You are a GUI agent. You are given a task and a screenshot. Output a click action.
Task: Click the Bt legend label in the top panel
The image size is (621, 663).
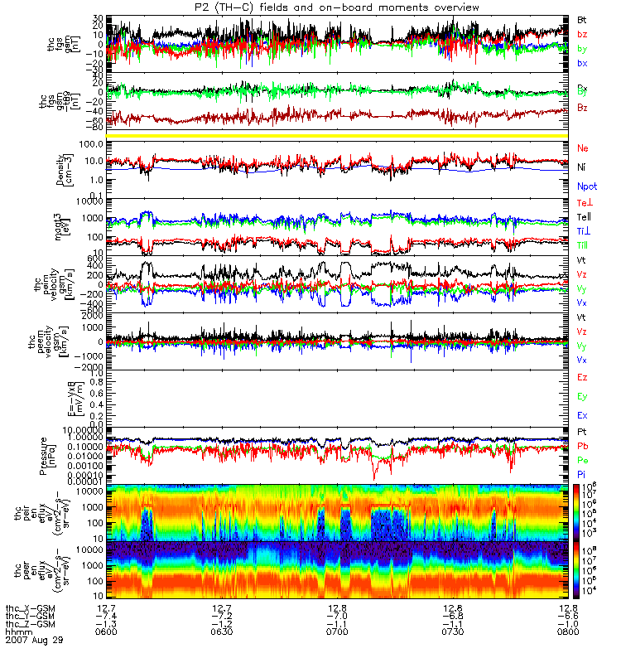click(x=582, y=17)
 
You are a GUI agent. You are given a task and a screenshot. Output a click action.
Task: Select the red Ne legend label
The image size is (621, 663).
click(x=583, y=148)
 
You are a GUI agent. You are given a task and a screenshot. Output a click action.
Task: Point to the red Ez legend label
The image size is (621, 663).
click(x=583, y=378)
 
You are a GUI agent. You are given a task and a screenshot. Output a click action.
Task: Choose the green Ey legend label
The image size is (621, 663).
click(x=583, y=396)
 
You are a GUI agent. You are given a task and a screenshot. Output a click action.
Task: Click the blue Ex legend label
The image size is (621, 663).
click(x=583, y=414)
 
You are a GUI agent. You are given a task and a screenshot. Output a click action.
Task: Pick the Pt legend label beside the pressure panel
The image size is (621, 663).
click(x=582, y=433)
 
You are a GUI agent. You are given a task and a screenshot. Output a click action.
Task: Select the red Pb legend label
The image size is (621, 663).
click(x=583, y=446)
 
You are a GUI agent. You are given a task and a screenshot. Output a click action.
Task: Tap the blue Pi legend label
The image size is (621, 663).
click(x=582, y=473)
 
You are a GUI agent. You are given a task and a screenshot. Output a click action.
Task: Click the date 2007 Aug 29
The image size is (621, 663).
click(x=34, y=640)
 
